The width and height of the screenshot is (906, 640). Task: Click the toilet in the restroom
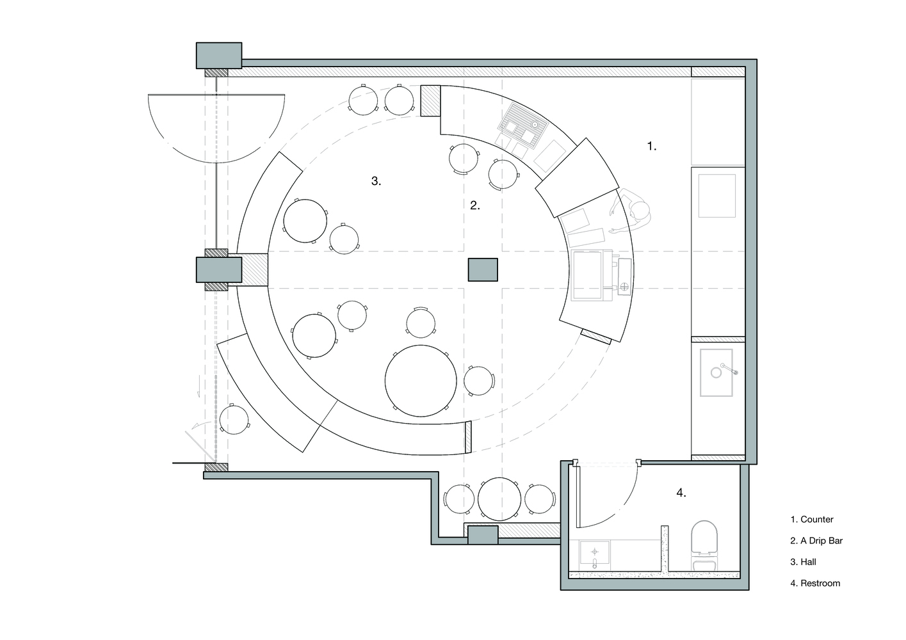[x=706, y=543]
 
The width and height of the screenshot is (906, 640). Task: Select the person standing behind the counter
[x=635, y=212]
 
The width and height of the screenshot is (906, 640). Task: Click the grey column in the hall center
[x=483, y=269]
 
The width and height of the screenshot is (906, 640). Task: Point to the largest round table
[x=421, y=381]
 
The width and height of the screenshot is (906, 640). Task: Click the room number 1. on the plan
[x=651, y=147]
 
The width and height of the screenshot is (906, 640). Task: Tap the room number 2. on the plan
[x=474, y=205]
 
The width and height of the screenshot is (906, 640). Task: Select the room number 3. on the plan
[x=376, y=181]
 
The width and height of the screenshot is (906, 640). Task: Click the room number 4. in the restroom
[x=681, y=493]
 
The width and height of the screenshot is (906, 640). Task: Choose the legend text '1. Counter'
[x=811, y=520]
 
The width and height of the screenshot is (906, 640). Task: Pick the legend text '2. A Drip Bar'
[x=816, y=541]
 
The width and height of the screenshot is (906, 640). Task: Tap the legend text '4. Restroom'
[x=815, y=583]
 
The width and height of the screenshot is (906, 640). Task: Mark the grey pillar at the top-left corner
[x=218, y=56]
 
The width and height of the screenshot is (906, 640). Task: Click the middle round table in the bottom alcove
[x=499, y=499]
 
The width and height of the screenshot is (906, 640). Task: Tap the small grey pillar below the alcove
[x=483, y=534]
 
